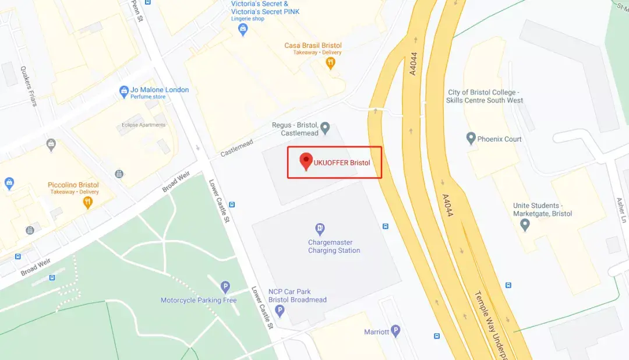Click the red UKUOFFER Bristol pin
click(306, 161)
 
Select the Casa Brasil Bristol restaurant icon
click(331, 63)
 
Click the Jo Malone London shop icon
click(123, 91)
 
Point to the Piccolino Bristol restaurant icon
click(88, 202)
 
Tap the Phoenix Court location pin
click(471, 138)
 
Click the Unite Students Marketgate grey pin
click(525, 224)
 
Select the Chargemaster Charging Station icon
click(319, 228)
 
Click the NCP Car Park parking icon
click(280, 310)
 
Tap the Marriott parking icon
click(396, 331)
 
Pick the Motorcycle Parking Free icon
click(225, 287)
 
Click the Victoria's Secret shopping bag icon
click(243, 29)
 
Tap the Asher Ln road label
click(621, 210)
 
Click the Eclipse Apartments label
click(143, 125)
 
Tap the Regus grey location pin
click(326, 126)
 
